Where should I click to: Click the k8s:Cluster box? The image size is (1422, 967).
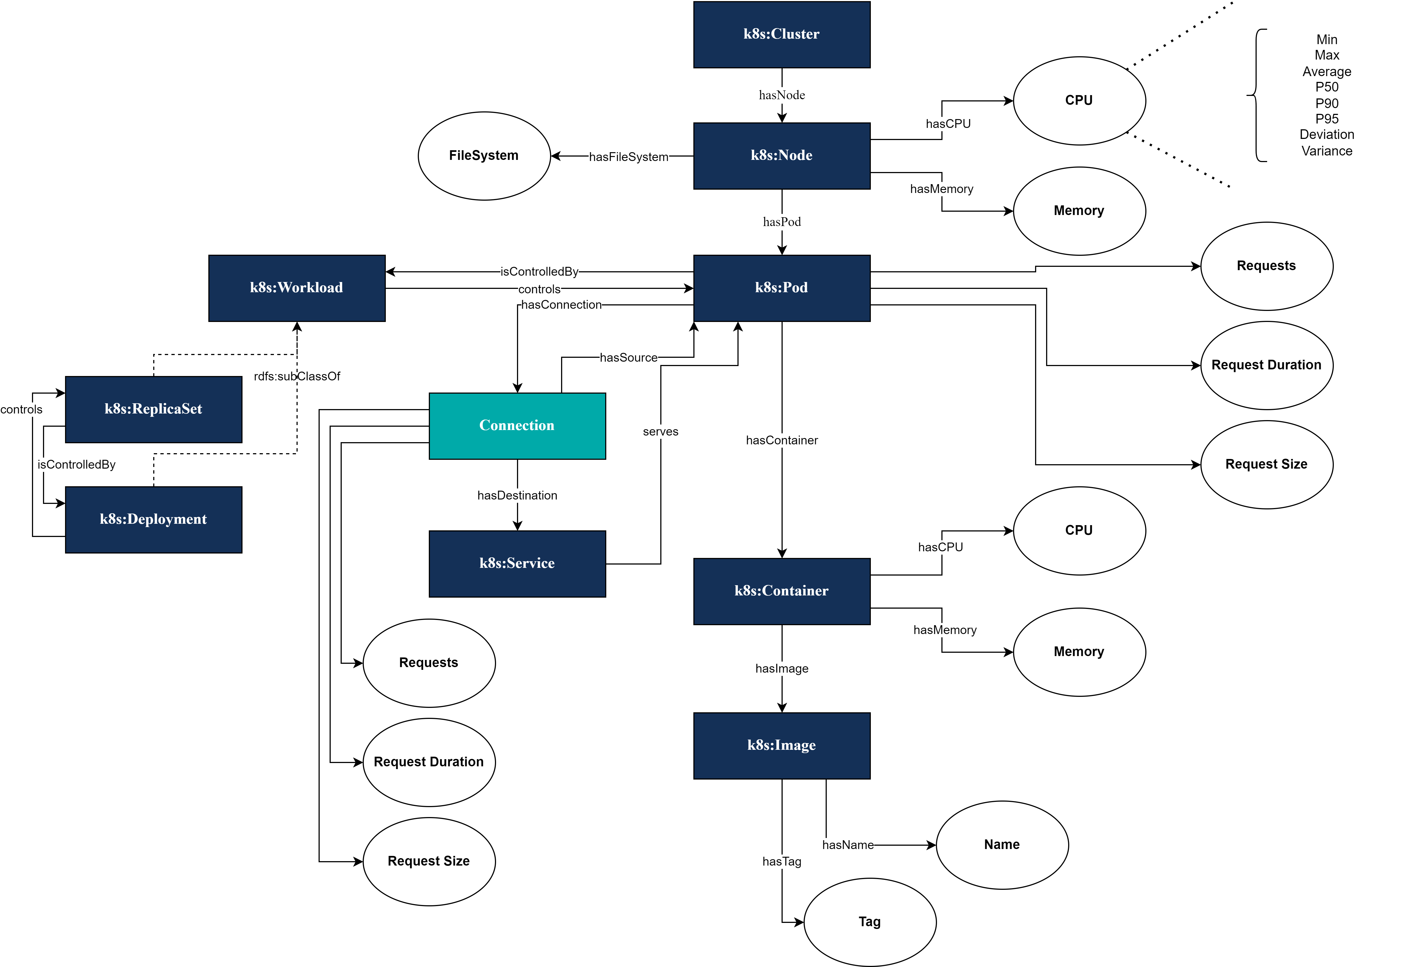click(x=781, y=34)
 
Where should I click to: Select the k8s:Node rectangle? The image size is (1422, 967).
click(x=781, y=155)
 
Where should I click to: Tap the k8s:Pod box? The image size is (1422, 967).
click(x=781, y=288)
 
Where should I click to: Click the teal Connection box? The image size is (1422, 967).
click(x=517, y=425)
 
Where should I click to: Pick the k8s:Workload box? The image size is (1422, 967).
click(x=297, y=288)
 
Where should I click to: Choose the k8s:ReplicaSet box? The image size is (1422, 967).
click(x=153, y=409)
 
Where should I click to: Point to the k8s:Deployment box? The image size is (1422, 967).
click(x=153, y=519)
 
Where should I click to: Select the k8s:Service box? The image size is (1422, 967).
click(x=517, y=563)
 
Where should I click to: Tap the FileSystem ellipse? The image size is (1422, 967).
click(x=484, y=155)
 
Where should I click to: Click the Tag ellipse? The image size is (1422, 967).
click(x=869, y=922)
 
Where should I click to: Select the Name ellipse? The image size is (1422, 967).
click(x=1002, y=845)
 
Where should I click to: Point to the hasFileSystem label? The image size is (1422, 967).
click(x=628, y=157)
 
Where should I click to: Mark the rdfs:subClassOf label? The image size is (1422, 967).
click(x=297, y=376)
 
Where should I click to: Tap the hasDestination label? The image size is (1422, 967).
click(x=517, y=495)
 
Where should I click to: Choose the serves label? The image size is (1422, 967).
click(x=660, y=431)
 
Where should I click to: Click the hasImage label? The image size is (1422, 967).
click(x=781, y=668)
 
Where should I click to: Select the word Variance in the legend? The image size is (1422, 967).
click(x=1327, y=151)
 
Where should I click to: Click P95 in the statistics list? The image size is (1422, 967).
click(x=1327, y=119)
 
